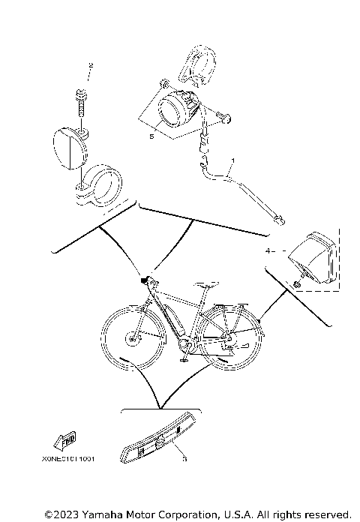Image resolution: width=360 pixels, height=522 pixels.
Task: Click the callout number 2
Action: pyautogui.click(x=91, y=67)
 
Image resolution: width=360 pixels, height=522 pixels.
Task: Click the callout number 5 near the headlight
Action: pyautogui.click(x=151, y=137)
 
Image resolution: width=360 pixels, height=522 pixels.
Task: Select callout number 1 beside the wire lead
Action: pyautogui.click(x=233, y=160)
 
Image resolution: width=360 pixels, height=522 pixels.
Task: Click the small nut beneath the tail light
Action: pyautogui.click(x=298, y=286)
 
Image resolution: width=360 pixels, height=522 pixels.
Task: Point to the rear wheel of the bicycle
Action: pyautogui.click(x=229, y=340)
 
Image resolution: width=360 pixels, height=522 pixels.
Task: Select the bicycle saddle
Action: pyautogui.click(x=208, y=284)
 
